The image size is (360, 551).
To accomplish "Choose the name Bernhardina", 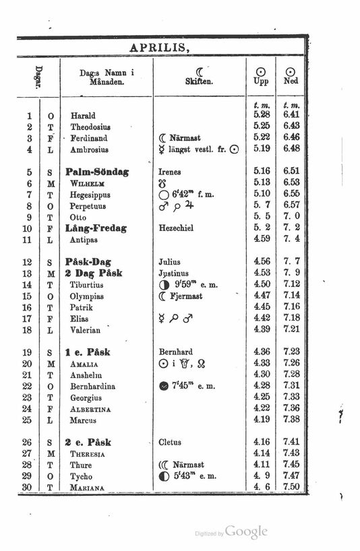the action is [93, 386].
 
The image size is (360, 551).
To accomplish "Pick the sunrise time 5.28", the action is [262, 115].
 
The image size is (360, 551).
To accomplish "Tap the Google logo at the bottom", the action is [246, 532].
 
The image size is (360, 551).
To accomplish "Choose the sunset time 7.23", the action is [291, 352].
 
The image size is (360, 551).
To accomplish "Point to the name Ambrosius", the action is [90, 149].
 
